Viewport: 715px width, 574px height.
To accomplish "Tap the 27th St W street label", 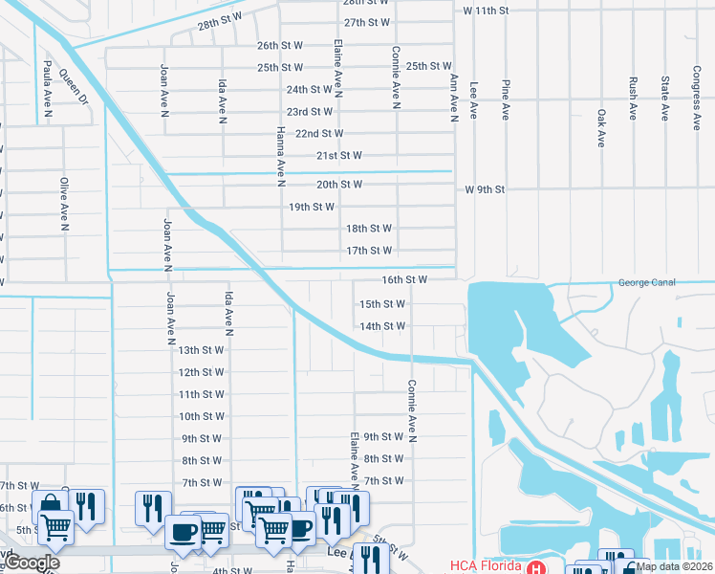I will tap(367, 22).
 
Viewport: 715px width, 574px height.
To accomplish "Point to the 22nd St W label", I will tap(319, 134).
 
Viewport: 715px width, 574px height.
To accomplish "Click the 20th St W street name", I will tap(339, 185).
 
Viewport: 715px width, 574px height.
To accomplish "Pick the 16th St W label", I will tap(403, 280).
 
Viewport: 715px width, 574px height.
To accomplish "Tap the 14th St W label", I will tap(382, 326).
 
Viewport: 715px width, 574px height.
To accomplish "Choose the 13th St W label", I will tap(201, 350).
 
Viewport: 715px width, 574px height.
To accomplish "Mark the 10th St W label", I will tap(202, 416).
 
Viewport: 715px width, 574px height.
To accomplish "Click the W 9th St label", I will tap(485, 190).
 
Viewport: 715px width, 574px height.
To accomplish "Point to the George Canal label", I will tap(647, 283).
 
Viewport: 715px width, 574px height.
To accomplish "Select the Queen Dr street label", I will tap(73, 84).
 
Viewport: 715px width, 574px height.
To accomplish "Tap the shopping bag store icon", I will tap(50, 503).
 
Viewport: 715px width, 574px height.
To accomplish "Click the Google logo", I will tap(32, 563).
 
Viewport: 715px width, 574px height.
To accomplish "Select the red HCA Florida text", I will tap(487, 566).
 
